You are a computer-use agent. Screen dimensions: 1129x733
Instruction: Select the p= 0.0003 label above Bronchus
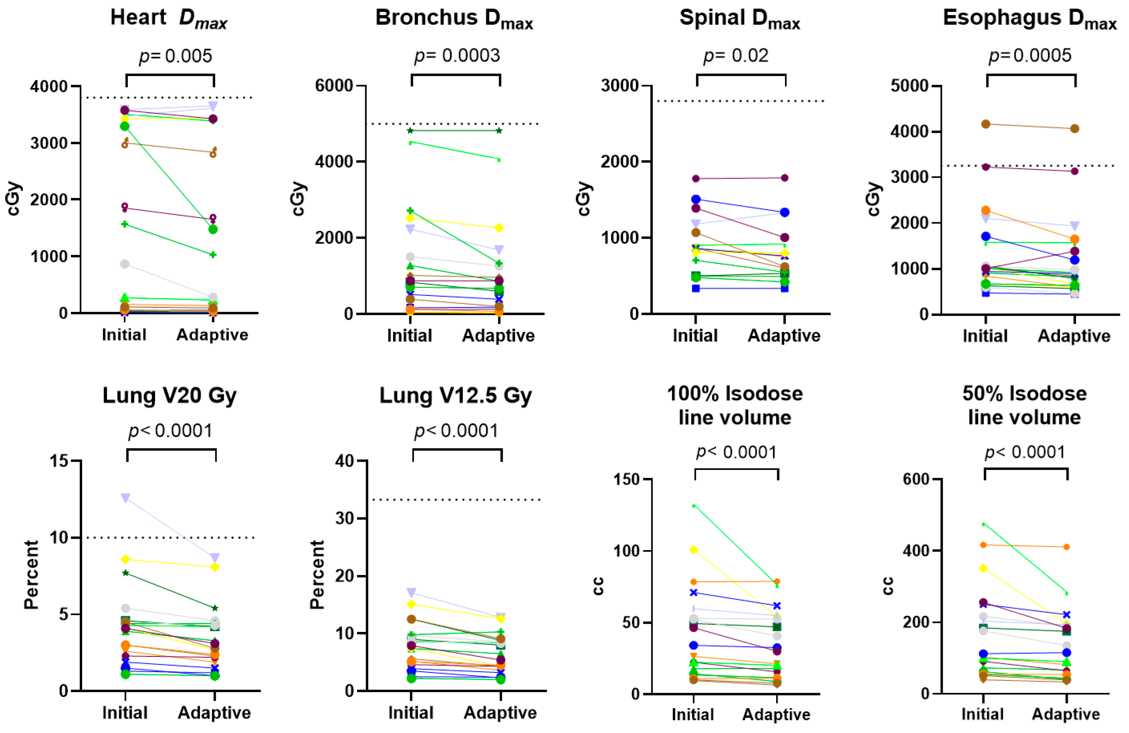click(x=457, y=56)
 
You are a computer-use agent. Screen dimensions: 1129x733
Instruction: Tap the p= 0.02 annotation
click(x=735, y=56)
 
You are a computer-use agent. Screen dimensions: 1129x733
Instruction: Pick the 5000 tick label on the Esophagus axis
click(x=909, y=86)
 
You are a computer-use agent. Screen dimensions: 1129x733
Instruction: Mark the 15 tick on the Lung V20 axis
click(x=60, y=461)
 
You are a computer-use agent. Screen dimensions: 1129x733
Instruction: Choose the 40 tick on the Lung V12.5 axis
click(x=345, y=461)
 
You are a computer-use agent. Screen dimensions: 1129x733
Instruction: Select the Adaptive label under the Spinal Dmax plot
click(x=784, y=336)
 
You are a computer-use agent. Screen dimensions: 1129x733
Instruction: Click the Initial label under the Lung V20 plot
click(x=125, y=713)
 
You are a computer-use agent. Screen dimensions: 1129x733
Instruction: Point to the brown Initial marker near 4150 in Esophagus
click(x=986, y=125)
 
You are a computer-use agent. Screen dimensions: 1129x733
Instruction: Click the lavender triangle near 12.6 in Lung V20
click(x=126, y=498)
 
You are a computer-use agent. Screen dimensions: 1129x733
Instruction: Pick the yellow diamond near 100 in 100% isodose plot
click(x=694, y=550)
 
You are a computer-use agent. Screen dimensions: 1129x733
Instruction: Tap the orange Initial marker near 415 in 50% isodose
click(x=983, y=545)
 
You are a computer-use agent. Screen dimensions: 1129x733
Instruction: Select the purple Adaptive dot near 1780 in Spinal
click(x=785, y=178)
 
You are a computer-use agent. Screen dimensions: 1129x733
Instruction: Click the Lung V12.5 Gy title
click(x=456, y=396)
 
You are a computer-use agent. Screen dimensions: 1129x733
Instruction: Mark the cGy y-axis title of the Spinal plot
click(x=584, y=199)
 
